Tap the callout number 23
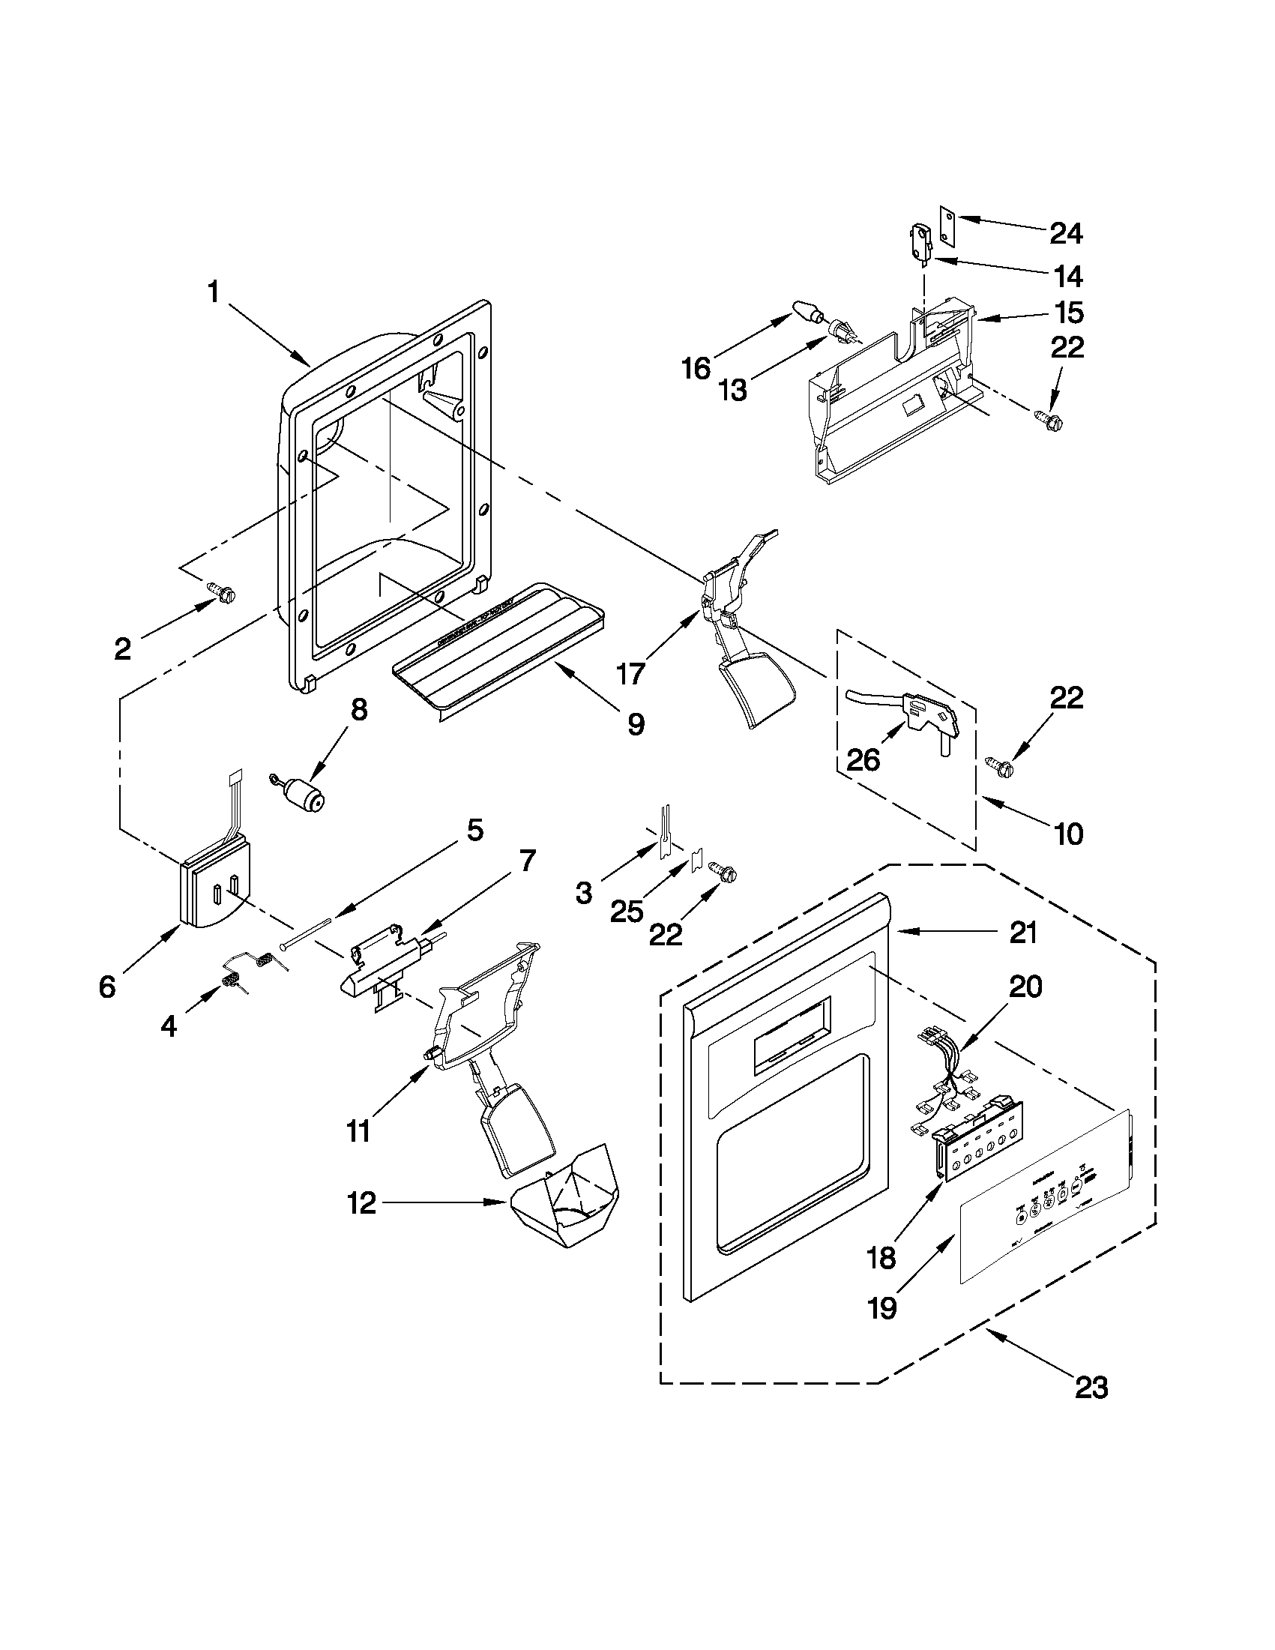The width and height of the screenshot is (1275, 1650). tap(1091, 1388)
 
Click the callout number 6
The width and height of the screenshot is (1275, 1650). tap(108, 986)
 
